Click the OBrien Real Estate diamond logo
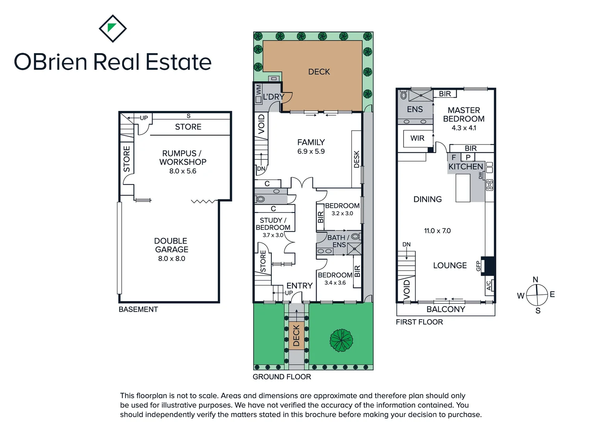pyautogui.click(x=113, y=28)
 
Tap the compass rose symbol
pyautogui.click(x=537, y=295)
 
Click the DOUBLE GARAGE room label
pyautogui.click(x=171, y=245)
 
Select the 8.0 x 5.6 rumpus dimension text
pyautogui.click(x=183, y=171)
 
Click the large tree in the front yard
pyautogui.click(x=341, y=340)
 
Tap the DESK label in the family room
pyautogui.click(x=357, y=159)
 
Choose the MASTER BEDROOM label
pyautogui.click(x=464, y=115)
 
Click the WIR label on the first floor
pyautogui.click(x=417, y=138)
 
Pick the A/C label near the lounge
pyautogui.click(x=489, y=285)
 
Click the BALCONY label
pyautogui.click(x=446, y=309)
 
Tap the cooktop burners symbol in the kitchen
pyautogui.click(x=489, y=185)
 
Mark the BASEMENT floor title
pyautogui.click(x=138, y=309)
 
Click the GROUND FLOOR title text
pyautogui.click(x=282, y=377)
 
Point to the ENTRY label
pyautogui.click(x=299, y=286)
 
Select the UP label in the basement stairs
pyautogui.click(x=144, y=118)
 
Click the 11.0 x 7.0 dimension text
pyautogui.click(x=437, y=231)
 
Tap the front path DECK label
pyautogui.click(x=296, y=335)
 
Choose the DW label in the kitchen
pyautogui.click(x=480, y=176)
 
